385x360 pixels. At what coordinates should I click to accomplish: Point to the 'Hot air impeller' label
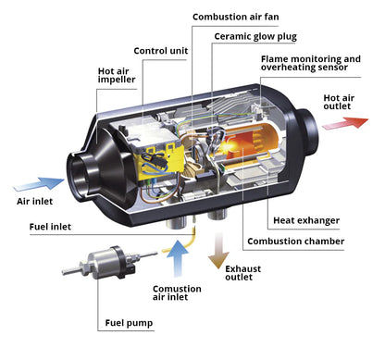tap(118, 75)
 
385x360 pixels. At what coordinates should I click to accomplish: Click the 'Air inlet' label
tap(36, 201)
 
